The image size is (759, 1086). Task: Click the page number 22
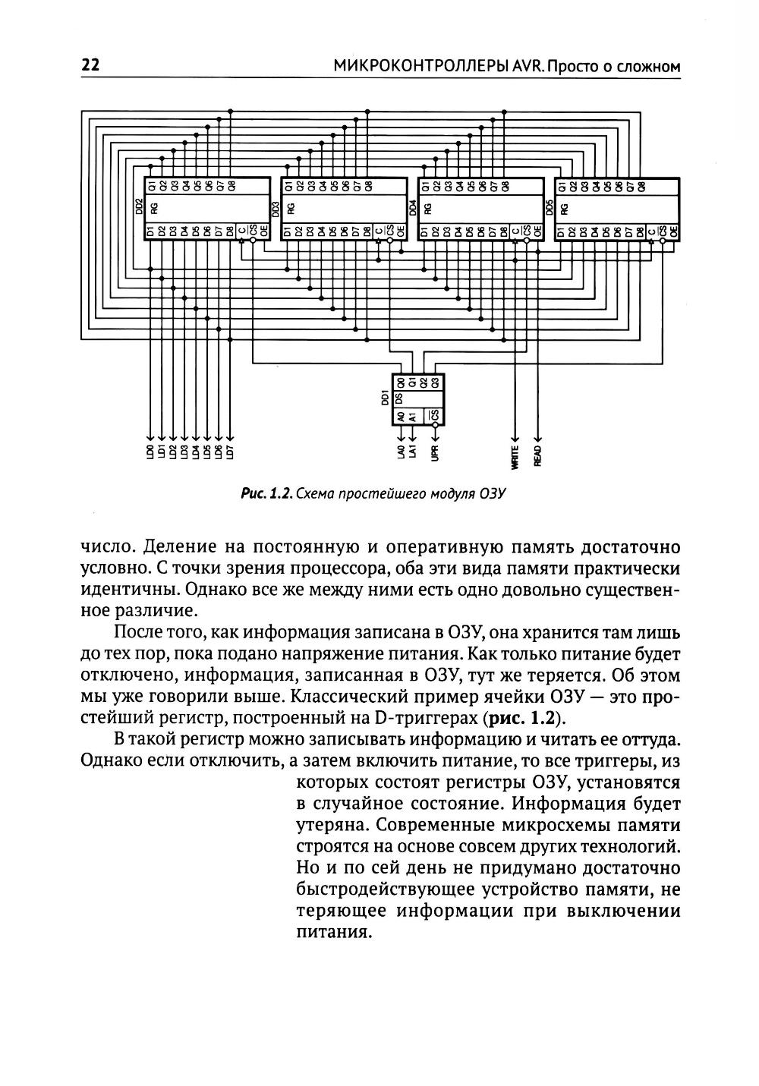(90, 66)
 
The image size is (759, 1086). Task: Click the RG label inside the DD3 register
(290, 207)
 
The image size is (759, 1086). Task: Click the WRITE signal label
(515, 455)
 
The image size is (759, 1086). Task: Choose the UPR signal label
(435, 453)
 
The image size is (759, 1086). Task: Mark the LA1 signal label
(411, 452)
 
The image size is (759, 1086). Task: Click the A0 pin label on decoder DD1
(400, 415)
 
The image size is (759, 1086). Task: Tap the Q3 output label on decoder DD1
(435, 384)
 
